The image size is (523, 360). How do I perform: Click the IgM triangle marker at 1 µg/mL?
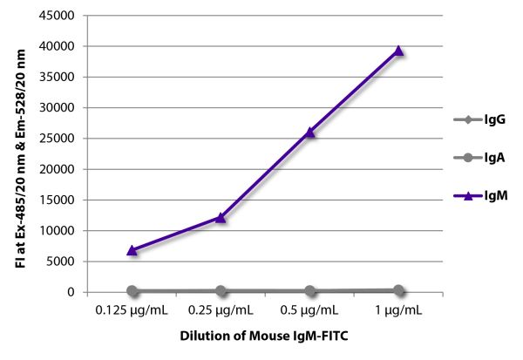(x=398, y=51)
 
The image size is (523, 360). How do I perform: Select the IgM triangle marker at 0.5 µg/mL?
(x=309, y=132)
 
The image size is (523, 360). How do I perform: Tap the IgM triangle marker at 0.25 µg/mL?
(x=221, y=217)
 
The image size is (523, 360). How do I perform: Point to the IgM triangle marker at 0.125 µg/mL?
(x=132, y=250)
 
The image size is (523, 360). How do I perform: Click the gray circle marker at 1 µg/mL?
(x=398, y=290)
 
